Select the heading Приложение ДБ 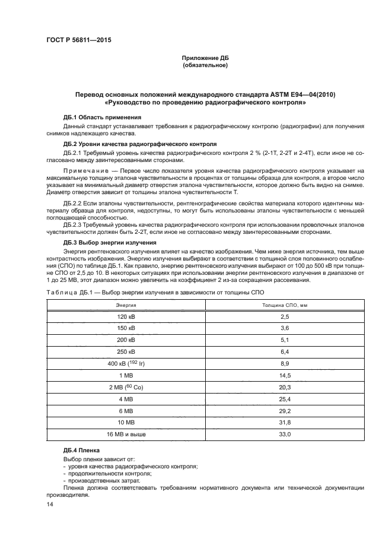click(x=205, y=58)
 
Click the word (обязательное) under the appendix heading click(x=205, y=65)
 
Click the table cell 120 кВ click(x=126, y=316)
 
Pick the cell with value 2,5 click(x=285, y=316)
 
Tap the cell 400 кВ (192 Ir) click(x=126, y=363)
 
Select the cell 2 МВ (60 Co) click(x=126, y=386)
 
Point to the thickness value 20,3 click(x=285, y=386)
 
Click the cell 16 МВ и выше click(x=126, y=435)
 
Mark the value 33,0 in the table click(x=285, y=435)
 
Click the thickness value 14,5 click(x=285, y=375)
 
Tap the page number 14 click(x=50, y=504)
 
